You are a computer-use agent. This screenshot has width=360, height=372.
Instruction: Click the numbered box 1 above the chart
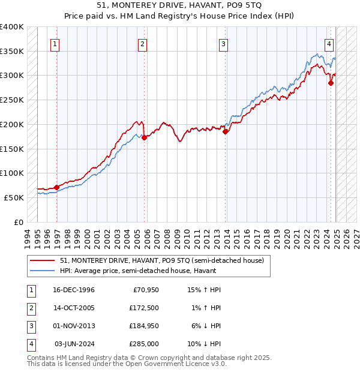(x=55, y=43)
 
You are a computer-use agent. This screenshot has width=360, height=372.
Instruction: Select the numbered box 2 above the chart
(x=142, y=43)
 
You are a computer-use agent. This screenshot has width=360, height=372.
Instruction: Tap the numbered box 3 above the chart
(x=223, y=43)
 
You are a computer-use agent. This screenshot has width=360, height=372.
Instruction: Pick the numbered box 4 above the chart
(x=329, y=43)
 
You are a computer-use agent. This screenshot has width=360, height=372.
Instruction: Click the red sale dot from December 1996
(x=57, y=187)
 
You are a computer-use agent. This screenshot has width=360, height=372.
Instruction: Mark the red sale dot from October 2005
(x=145, y=137)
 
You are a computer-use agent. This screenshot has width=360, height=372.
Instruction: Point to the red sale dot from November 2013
(x=226, y=131)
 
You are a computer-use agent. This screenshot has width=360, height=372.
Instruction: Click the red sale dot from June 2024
(x=331, y=83)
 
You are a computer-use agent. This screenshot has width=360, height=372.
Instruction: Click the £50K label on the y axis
(x=14, y=197)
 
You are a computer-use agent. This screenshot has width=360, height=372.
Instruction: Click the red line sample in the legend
(x=43, y=261)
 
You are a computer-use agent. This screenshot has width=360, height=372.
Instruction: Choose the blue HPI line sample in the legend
(x=43, y=271)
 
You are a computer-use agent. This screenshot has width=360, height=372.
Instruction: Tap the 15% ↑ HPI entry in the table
(x=205, y=290)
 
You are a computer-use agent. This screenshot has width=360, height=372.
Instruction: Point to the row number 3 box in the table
(x=30, y=326)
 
